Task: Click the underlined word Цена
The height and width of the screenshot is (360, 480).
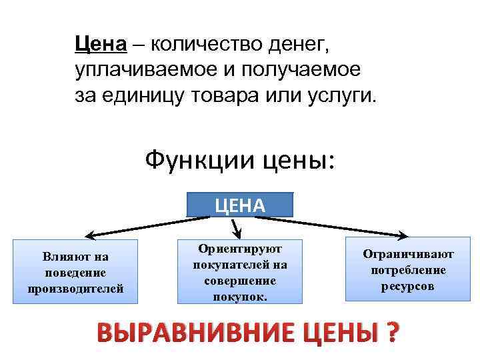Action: point(100,45)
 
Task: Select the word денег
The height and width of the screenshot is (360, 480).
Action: point(297,45)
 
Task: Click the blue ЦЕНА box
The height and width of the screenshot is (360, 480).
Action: point(240,205)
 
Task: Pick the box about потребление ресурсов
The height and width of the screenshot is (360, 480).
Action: point(408,269)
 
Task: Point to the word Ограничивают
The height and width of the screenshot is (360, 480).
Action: point(408,254)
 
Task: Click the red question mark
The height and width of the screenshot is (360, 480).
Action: point(393,331)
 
